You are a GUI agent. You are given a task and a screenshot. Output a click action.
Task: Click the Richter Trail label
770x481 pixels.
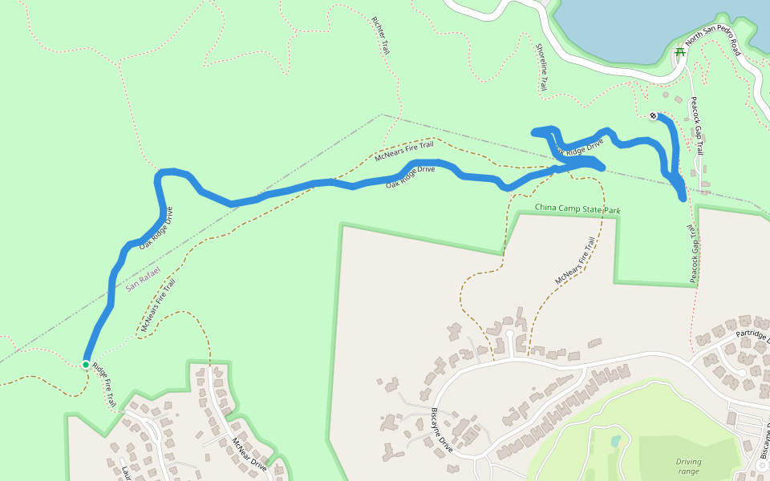point(381,35)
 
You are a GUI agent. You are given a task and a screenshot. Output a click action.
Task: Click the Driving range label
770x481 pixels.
point(687,466)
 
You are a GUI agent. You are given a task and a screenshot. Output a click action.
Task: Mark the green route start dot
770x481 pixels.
point(86,365)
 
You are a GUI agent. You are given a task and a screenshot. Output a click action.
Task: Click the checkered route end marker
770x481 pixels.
point(654,115)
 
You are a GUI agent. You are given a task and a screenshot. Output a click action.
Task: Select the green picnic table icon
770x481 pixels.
point(679,52)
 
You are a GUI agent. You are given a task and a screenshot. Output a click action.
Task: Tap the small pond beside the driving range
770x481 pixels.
point(615,441)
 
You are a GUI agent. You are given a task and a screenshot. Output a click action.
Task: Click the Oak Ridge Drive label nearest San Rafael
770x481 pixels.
point(156,228)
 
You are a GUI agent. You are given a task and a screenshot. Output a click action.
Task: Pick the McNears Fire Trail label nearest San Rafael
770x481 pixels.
point(158,305)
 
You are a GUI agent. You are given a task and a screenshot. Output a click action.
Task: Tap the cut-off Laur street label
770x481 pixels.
point(126,473)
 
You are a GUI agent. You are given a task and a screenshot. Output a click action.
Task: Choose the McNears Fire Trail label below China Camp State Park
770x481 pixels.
point(575,262)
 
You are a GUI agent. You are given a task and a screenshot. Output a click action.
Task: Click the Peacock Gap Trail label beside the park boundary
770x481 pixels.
point(691,253)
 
